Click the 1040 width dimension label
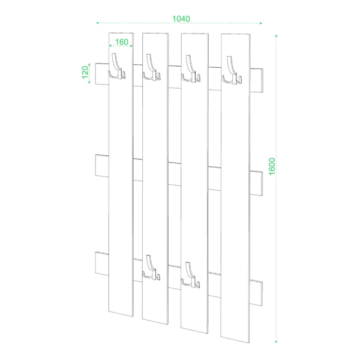click(x=181, y=19)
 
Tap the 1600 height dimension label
click(x=272, y=166)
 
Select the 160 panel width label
click(x=122, y=42)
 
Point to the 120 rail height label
click(x=85, y=72)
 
